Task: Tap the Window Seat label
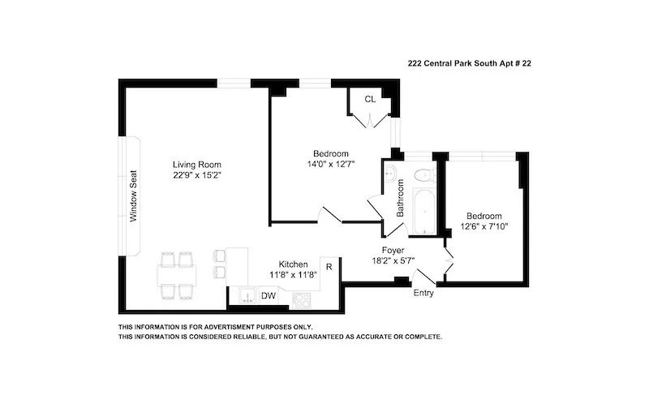pos(133,196)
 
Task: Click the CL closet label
pos(370,100)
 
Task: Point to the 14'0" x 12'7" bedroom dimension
pos(330,165)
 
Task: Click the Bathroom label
pos(400,196)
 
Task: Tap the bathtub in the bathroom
pos(423,209)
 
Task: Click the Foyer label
pos(394,251)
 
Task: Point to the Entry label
pos(423,293)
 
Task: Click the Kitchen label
pos(293,265)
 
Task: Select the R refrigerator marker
pos(329,266)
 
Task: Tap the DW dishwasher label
pos(269,297)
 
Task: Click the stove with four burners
pos(300,299)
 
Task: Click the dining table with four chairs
pos(178,275)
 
